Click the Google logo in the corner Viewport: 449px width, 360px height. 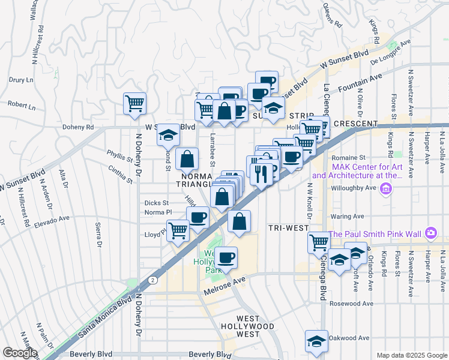pos(20,353)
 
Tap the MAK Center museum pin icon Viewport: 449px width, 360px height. pos(385,190)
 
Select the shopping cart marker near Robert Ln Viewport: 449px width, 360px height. pos(134,103)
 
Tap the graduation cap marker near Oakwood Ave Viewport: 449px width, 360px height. pos(316,341)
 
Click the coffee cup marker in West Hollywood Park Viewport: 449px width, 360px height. pos(226,258)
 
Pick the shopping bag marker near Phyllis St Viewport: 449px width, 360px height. pos(188,159)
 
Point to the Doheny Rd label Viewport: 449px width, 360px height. pos(78,127)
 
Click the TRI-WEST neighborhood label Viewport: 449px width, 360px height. pos(289,228)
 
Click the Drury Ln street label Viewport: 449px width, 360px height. pos(20,79)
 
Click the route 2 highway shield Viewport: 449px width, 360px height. pos(154,280)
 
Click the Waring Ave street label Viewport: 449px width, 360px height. pos(349,216)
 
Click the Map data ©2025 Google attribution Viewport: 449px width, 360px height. pos(412,355)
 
